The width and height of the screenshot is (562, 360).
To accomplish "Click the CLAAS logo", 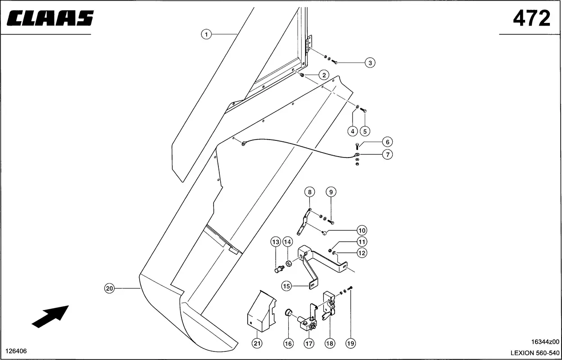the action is pyautogui.click(x=50, y=18).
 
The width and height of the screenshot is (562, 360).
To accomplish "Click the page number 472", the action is pyautogui.click(x=532, y=18).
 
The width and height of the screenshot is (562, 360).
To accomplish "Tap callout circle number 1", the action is pyautogui.click(x=206, y=34).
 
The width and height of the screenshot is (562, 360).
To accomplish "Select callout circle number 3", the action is pyautogui.click(x=370, y=63).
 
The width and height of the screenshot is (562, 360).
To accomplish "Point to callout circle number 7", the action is pyautogui.click(x=387, y=154).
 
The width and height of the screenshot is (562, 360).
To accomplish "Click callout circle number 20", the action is pyautogui.click(x=109, y=288).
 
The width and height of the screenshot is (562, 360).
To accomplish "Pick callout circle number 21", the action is pyautogui.click(x=257, y=343).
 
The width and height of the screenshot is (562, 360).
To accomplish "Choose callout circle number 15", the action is pyautogui.click(x=286, y=286).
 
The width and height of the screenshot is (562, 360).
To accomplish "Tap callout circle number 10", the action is pyautogui.click(x=362, y=230).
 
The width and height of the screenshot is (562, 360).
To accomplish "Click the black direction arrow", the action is pyautogui.click(x=50, y=317).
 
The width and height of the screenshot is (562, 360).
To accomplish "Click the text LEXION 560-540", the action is pyautogui.click(x=535, y=353).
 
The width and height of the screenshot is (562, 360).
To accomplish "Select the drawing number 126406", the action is pyautogui.click(x=16, y=351).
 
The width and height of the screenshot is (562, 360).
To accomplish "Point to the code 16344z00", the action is pyautogui.click(x=545, y=342).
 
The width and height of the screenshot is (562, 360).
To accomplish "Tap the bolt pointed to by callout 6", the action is pyautogui.click(x=357, y=146).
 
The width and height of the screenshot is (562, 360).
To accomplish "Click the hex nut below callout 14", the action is pyautogui.click(x=289, y=264).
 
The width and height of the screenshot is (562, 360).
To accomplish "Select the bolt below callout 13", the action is pyautogui.click(x=279, y=269).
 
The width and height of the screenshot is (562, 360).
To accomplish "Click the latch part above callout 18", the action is pyautogui.click(x=329, y=306).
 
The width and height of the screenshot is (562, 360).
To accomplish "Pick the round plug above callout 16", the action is pyautogui.click(x=289, y=312).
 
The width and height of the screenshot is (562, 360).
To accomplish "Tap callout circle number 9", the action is pyautogui.click(x=331, y=192).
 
